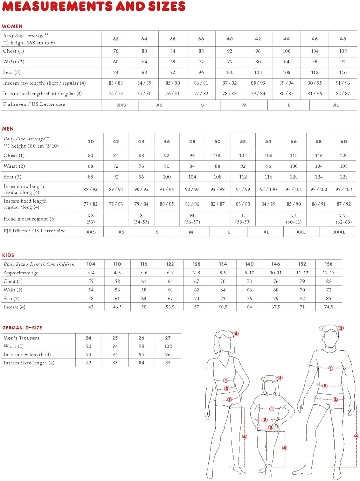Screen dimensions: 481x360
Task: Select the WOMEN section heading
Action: point(12,26)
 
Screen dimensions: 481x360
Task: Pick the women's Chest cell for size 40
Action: point(230,51)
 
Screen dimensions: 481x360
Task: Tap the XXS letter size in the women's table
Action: point(121,105)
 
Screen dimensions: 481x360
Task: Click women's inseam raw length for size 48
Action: point(343,83)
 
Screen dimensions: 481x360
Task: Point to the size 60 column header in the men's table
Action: point(344,141)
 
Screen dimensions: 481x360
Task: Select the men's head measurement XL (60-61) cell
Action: point(294,219)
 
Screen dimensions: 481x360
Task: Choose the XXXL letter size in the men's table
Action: point(339,232)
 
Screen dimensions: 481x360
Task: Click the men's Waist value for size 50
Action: point(217,166)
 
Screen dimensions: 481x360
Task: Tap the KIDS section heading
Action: point(8,255)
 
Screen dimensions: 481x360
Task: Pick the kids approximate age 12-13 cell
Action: point(328,273)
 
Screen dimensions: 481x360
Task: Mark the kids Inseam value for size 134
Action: point(223,307)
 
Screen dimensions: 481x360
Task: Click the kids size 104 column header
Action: point(91,264)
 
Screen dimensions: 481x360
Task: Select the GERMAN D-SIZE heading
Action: point(22,328)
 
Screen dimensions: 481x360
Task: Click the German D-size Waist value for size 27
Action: point(168,346)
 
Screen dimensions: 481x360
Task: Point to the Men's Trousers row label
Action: point(21,338)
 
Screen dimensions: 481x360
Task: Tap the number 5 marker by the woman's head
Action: point(236,334)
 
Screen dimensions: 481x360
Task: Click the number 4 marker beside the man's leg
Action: point(356,436)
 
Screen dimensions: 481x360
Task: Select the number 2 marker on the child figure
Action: point(265,420)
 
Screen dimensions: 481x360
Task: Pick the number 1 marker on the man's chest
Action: point(331,368)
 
